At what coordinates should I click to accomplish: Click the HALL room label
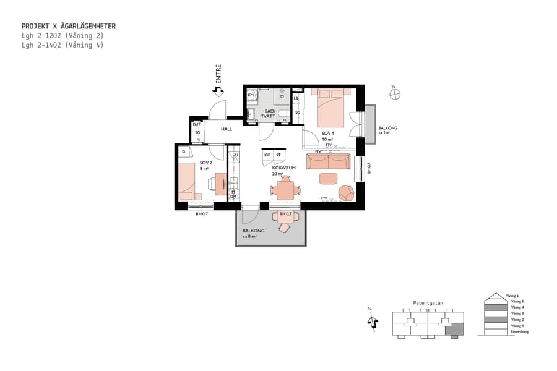227,129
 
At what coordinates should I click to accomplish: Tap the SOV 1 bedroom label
327,134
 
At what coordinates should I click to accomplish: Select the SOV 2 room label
205,164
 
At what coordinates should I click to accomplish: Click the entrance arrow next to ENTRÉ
217,91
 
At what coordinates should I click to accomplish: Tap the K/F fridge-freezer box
267,155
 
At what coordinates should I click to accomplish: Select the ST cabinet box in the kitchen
278,155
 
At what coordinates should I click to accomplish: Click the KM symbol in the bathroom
251,95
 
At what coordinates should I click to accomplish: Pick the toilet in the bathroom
283,114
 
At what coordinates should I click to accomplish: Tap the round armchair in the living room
347,192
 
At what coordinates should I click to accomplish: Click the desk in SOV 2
220,184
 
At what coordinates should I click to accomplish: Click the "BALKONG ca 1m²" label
388,130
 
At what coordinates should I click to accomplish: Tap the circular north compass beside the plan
395,94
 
